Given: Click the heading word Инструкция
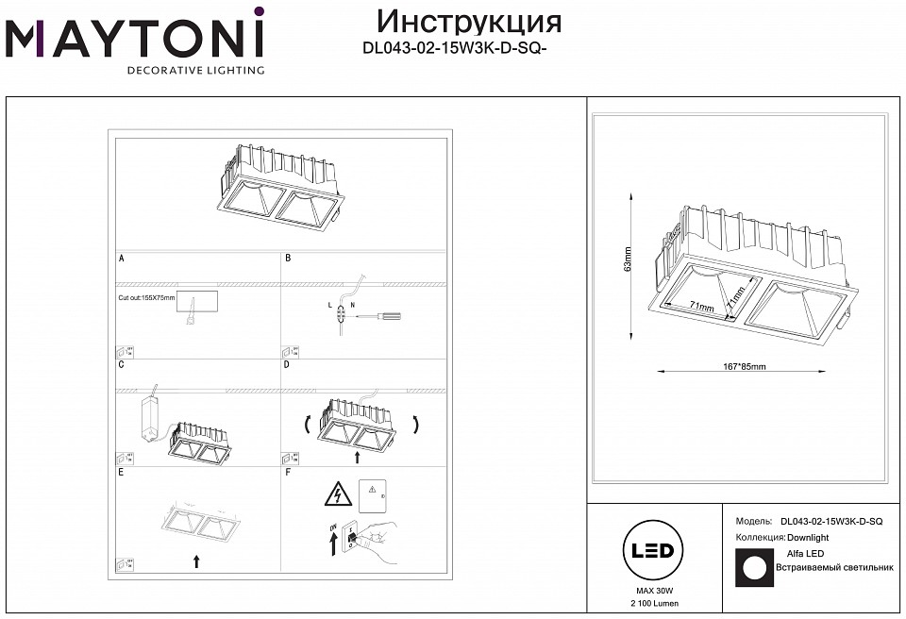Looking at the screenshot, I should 469,22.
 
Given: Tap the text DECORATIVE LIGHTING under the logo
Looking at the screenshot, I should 195,71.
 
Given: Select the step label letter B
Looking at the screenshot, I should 288,257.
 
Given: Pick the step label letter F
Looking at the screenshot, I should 288,471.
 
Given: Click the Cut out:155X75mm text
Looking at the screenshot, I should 147,297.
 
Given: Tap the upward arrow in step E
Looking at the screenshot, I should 196,560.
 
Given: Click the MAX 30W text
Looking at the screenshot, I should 649,590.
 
